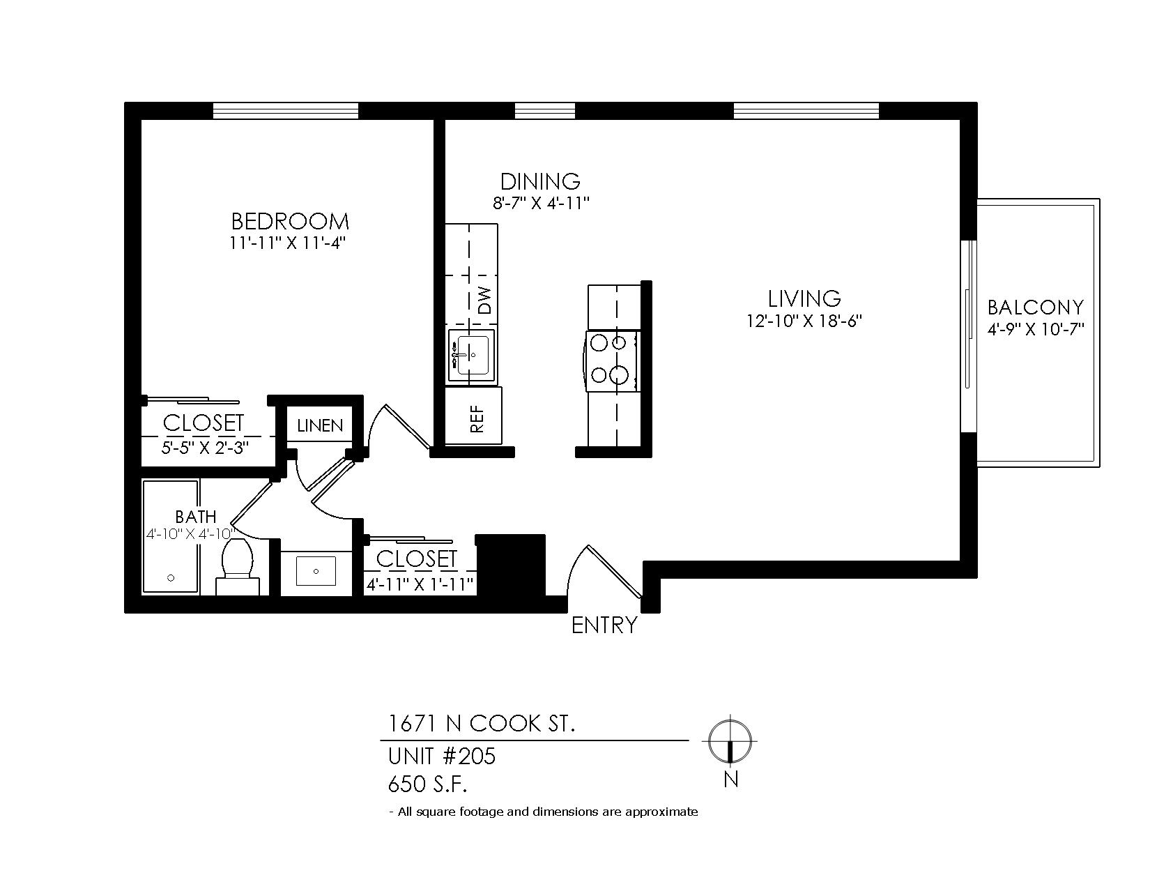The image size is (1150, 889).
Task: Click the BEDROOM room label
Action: point(290,221)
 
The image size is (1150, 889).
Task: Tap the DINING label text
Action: point(540,181)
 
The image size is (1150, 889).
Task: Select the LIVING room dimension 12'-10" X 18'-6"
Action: point(804,321)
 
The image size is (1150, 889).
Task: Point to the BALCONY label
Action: point(1036,307)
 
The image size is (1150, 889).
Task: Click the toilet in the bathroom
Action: point(238,567)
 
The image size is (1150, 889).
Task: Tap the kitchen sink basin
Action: point(472,356)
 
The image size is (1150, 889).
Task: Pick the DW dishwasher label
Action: point(484,301)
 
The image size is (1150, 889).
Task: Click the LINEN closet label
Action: point(320,426)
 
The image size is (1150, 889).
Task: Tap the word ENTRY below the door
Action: point(604,625)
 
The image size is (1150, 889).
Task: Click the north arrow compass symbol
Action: point(730,740)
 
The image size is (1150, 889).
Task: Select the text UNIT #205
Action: point(441,756)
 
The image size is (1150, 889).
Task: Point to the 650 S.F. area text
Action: point(428,784)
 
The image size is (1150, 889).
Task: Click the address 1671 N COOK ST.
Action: point(482,723)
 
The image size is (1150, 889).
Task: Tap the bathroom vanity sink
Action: point(316,571)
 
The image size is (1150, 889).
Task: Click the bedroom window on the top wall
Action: point(286,111)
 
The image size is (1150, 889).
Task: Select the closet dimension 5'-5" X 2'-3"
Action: point(205,448)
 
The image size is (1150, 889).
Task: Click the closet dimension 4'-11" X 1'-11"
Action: point(420,584)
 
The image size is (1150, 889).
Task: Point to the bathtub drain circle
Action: point(171,577)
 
